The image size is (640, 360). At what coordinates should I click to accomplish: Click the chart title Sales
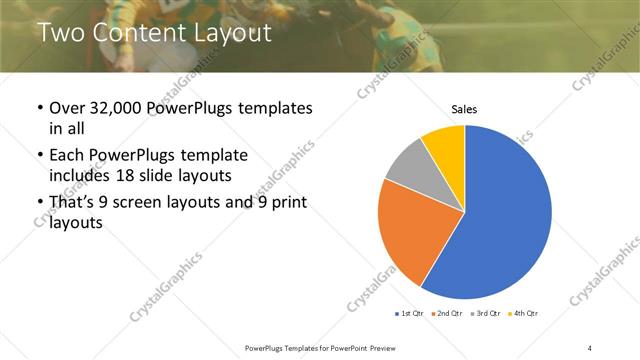click(x=464, y=108)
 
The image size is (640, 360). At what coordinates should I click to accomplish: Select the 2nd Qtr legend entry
click(x=447, y=314)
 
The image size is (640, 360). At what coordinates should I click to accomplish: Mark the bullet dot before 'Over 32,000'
click(x=39, y=108)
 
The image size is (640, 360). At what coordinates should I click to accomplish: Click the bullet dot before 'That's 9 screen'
click(x=39, y=204)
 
